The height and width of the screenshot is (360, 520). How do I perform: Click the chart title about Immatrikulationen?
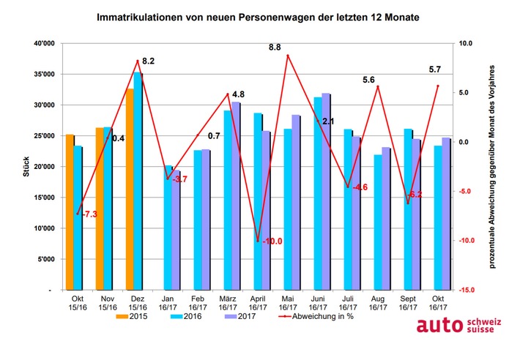coord(259,15)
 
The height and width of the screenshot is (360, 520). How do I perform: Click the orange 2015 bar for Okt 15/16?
coord(70,212)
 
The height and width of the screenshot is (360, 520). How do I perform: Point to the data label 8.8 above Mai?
coord(275,47)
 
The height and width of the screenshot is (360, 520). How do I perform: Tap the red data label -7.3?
coord(89,214)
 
